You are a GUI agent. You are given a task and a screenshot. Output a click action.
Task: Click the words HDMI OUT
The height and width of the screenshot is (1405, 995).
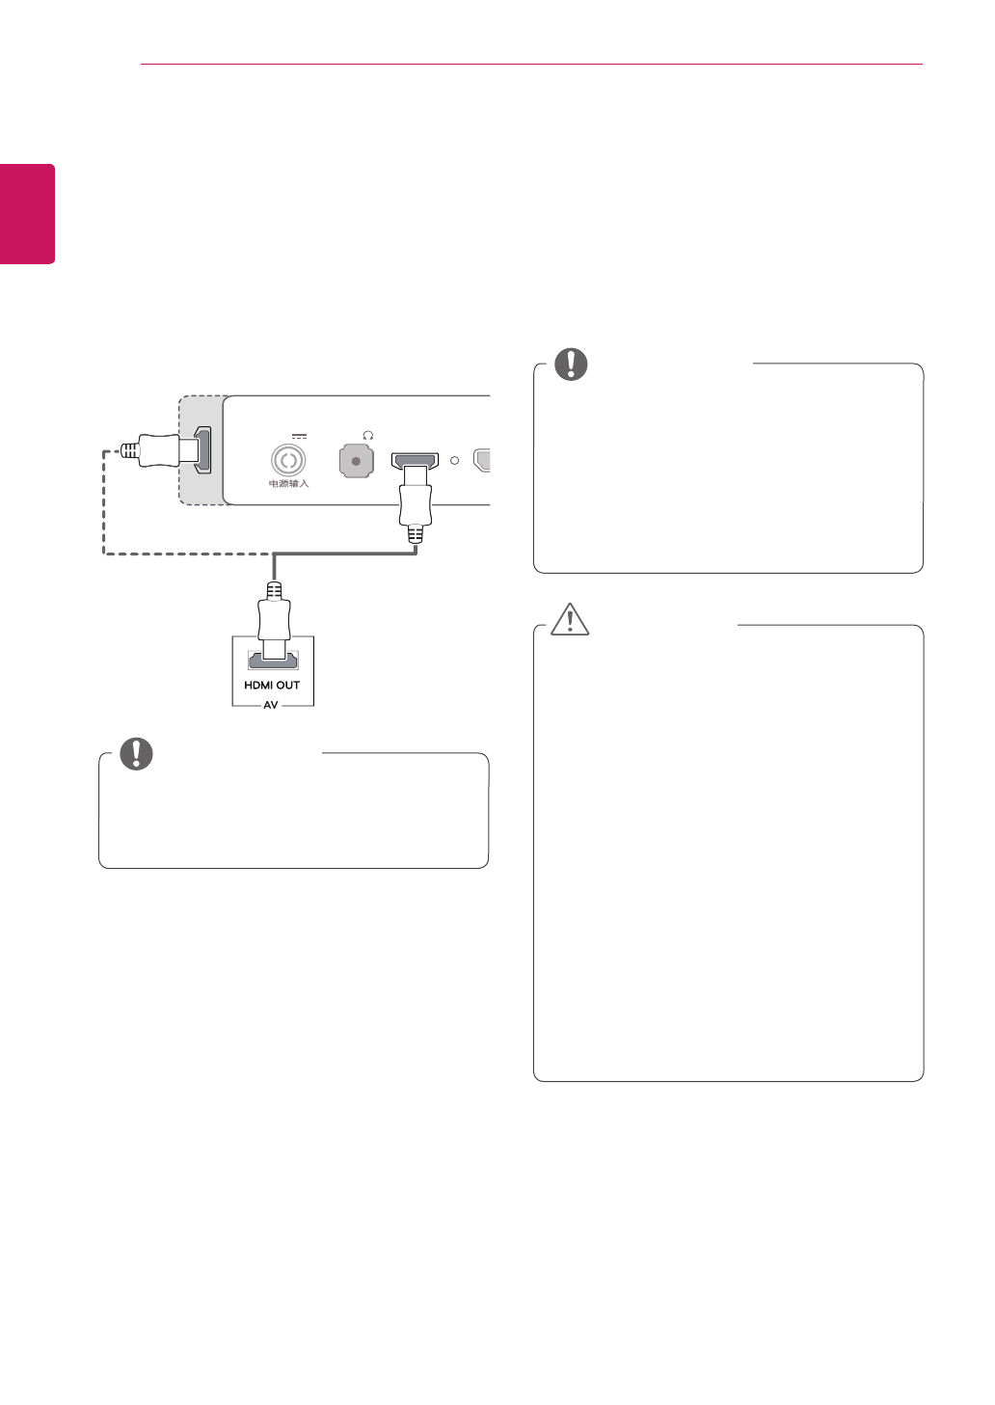coord(272,686)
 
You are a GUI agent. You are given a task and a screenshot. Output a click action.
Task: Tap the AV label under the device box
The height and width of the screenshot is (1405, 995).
coord(271,706)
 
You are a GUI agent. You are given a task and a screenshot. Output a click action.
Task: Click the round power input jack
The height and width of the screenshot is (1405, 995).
coord(287,461)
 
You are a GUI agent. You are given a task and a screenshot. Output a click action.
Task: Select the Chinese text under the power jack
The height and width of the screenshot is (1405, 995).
coord(288,483)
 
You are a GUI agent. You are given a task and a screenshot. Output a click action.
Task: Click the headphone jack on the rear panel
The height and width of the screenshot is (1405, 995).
coord(356,461)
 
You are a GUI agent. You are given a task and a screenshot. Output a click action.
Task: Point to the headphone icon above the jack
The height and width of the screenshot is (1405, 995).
coord(367,436)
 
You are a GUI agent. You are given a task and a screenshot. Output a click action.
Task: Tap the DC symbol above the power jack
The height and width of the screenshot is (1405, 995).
coord(299,437)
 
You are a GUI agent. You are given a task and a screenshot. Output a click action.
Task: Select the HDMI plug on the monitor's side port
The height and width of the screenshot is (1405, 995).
coord(159,449)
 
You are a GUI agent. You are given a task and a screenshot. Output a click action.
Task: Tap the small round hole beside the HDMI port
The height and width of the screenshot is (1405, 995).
coord(454,461)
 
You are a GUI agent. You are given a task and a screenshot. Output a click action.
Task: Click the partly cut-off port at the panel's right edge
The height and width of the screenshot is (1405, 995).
coord(482,460)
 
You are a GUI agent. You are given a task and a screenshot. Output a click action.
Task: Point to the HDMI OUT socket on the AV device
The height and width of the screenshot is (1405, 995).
coord(273,661)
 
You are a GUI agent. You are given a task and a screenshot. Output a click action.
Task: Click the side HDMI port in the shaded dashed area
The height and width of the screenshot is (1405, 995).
coord(202,449)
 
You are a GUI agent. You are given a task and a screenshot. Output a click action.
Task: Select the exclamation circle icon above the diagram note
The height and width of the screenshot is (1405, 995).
coord(136,753)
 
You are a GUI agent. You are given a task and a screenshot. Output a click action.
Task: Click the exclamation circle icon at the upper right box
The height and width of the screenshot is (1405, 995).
coord(571,364)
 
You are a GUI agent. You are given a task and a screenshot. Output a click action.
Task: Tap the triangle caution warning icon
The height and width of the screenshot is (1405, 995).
coord(570,619)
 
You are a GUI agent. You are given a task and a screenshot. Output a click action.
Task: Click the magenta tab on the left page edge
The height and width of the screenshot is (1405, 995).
coord(27,213)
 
